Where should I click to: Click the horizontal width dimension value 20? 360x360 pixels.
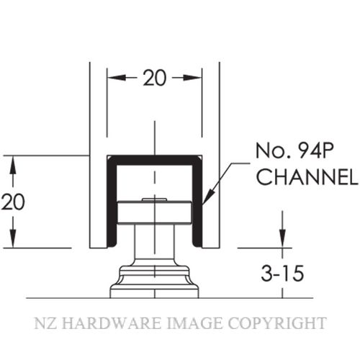155,78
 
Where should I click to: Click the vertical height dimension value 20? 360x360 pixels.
13,202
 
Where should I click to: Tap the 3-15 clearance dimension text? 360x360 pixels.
282,274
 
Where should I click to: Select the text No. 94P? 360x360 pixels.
294,151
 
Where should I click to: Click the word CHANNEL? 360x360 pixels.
307,176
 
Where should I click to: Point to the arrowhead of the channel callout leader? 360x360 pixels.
207,197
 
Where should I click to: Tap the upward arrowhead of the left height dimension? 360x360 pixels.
13,165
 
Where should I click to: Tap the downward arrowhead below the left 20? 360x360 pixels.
13,238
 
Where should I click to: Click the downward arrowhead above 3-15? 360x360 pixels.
282,238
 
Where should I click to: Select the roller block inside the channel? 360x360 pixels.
155,212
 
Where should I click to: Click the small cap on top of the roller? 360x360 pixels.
154,199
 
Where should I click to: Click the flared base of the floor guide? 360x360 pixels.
155,282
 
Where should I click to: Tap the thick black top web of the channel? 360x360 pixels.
155,161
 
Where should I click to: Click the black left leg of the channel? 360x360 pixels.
112,202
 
